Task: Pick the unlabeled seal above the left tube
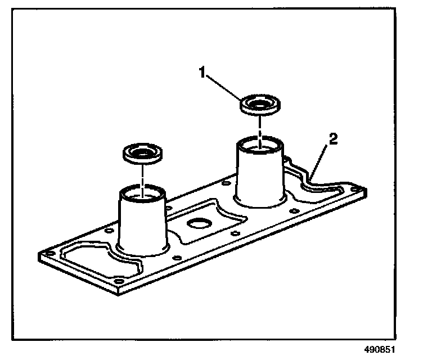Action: pyautogui.click(x=142, y=154)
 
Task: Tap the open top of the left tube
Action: pyautogui.click(x=142, y=195)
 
